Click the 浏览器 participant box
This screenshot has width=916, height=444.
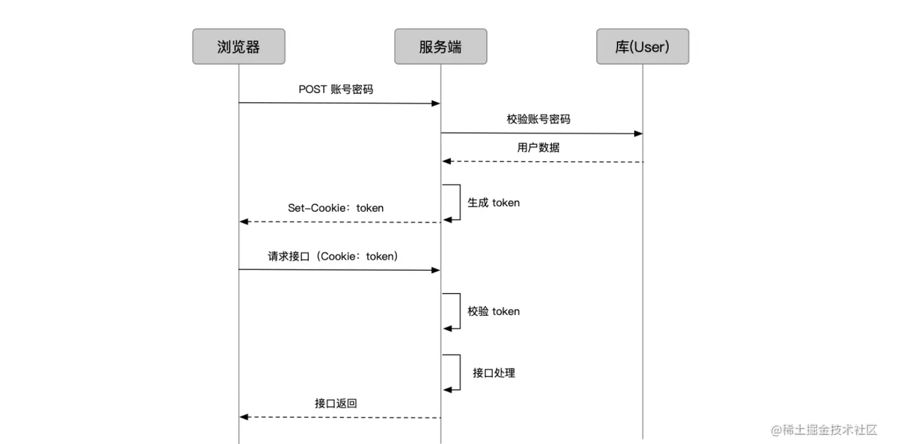(239, 46)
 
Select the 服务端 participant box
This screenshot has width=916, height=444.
(440, 46)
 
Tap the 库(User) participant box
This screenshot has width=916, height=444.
(643, 46)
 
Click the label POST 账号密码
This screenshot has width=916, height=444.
(336, 89)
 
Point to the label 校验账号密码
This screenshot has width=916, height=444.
(538, 119)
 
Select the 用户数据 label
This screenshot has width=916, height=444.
(538, 148)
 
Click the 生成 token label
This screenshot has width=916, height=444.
(493, 203)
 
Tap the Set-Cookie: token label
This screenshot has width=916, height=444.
(336, 208)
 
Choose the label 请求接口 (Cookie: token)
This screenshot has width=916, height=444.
(334, 257)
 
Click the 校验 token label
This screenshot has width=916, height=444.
(493, 311)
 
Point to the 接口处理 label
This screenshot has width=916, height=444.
(494, 373)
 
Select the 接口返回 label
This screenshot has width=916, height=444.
(336, 403)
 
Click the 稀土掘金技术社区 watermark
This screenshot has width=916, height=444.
(824, 430)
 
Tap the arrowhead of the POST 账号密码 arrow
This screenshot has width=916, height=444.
(436, 103)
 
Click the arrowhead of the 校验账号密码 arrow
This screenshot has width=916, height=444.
(638, 133)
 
